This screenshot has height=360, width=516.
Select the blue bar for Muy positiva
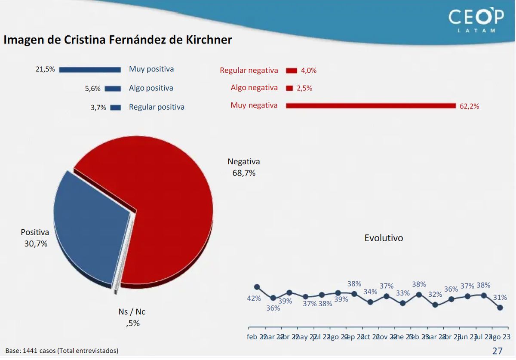[90, 70]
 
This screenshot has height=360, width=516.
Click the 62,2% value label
[469, 106]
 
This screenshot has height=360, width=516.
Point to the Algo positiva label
[151, 88]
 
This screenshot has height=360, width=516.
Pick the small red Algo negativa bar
[289, 88]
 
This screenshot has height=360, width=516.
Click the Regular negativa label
[249, 70]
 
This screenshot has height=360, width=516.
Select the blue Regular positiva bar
[115, 108]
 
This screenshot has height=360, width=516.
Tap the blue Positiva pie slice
[90, 228]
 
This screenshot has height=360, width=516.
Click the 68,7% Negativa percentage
[244, 173]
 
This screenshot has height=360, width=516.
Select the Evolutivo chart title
[384, 238]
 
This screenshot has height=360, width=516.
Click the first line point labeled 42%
[257, 287]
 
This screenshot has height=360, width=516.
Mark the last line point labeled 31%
[500, 308]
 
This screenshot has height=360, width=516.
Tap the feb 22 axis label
[257, 337]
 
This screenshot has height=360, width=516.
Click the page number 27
[497, 351]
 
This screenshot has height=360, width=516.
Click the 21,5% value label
[45, 69]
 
